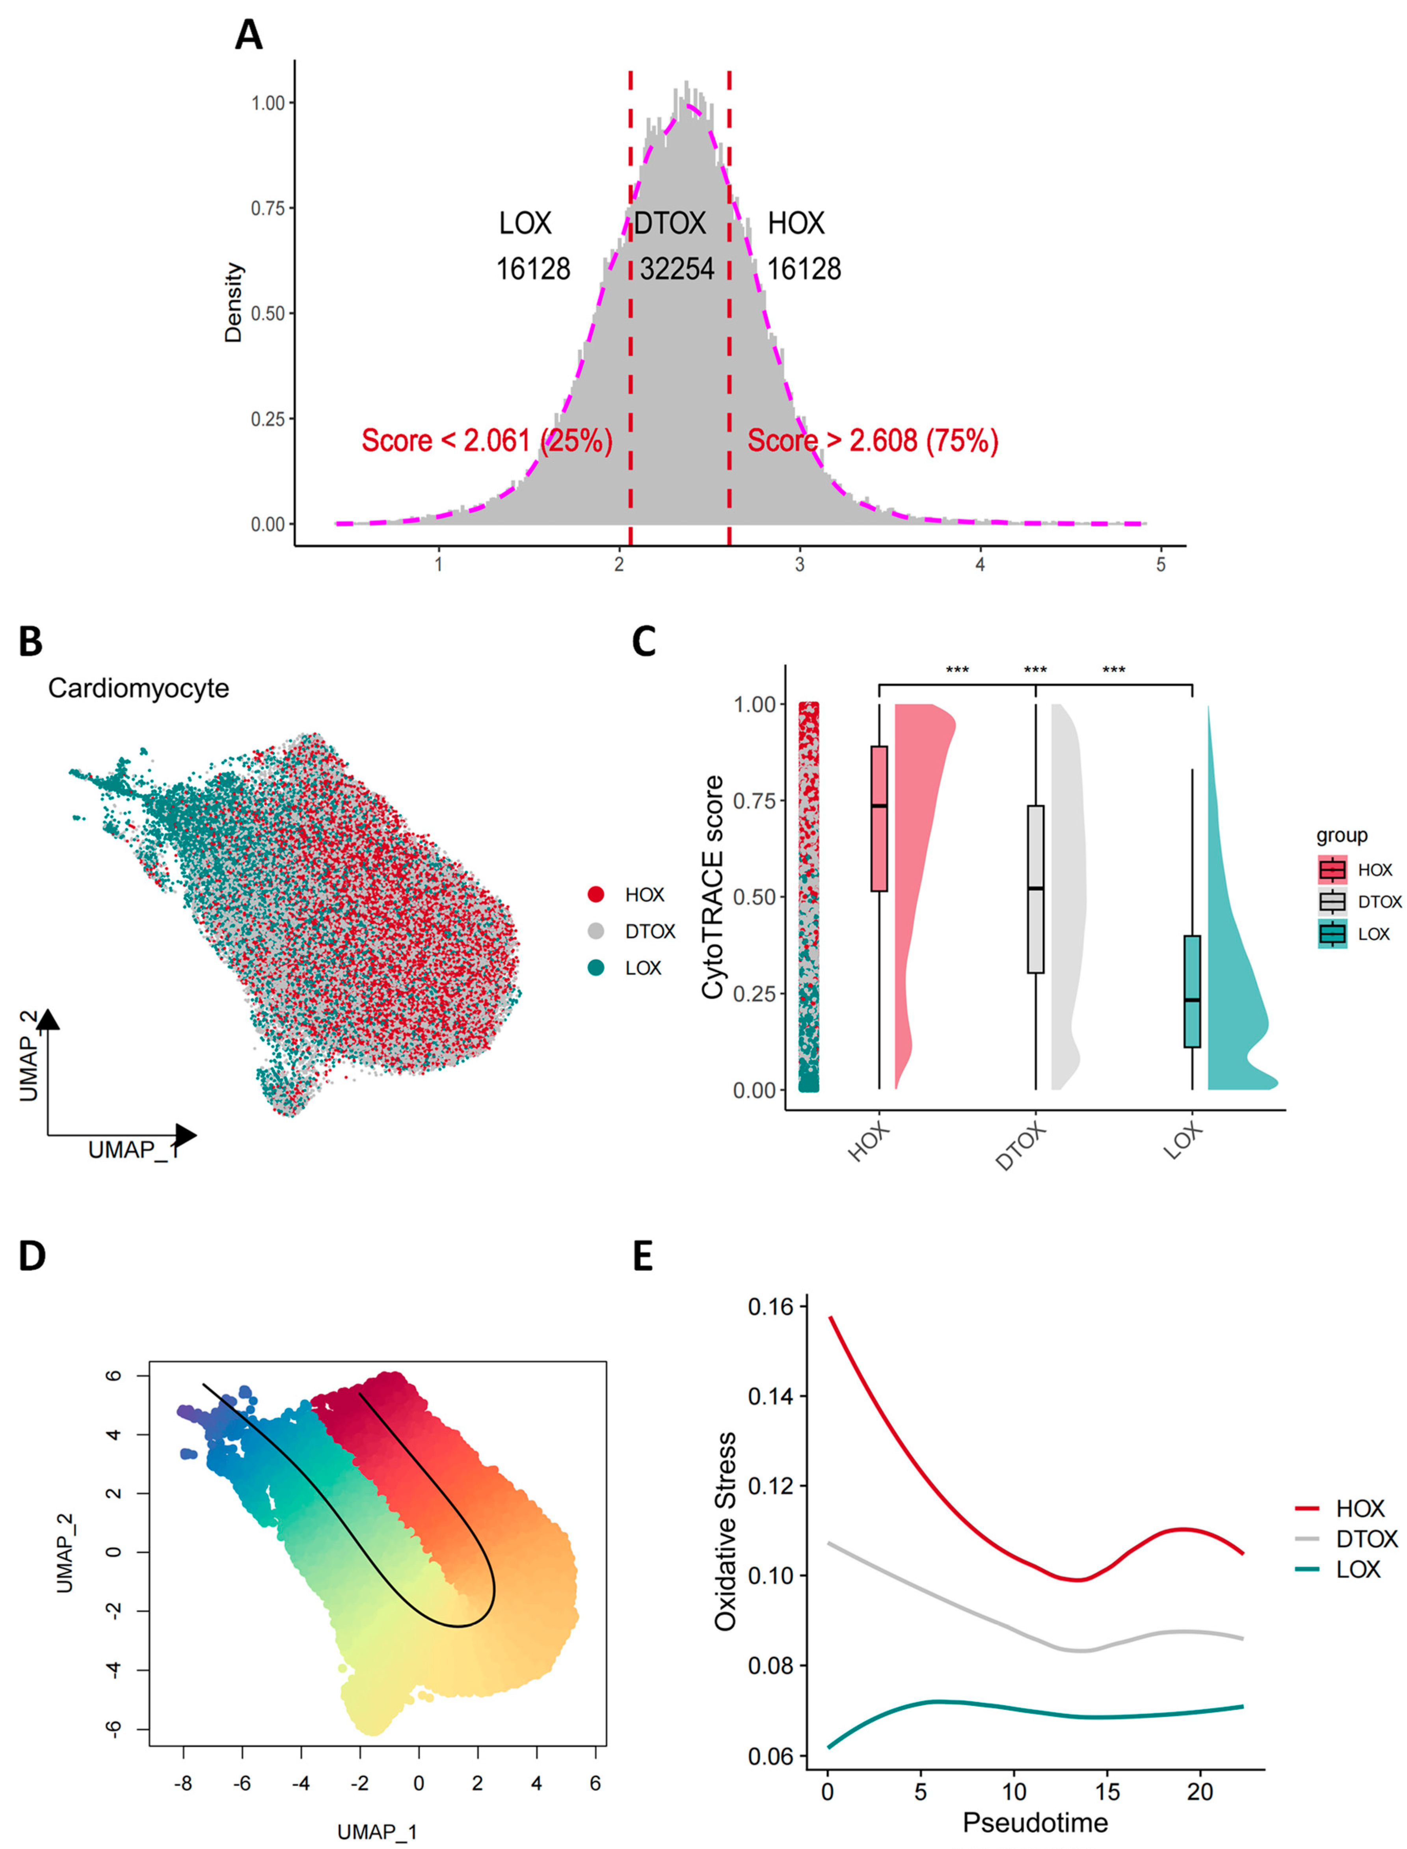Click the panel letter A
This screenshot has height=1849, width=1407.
click(x=249, y=35)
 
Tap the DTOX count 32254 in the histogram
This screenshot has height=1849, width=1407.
click(x=677, y=269)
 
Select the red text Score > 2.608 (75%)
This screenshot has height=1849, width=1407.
click(x=873, y=441)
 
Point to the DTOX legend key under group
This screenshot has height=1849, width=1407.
click(x=1333, y=902)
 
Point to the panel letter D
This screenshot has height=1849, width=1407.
click(x=32, y=1256)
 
